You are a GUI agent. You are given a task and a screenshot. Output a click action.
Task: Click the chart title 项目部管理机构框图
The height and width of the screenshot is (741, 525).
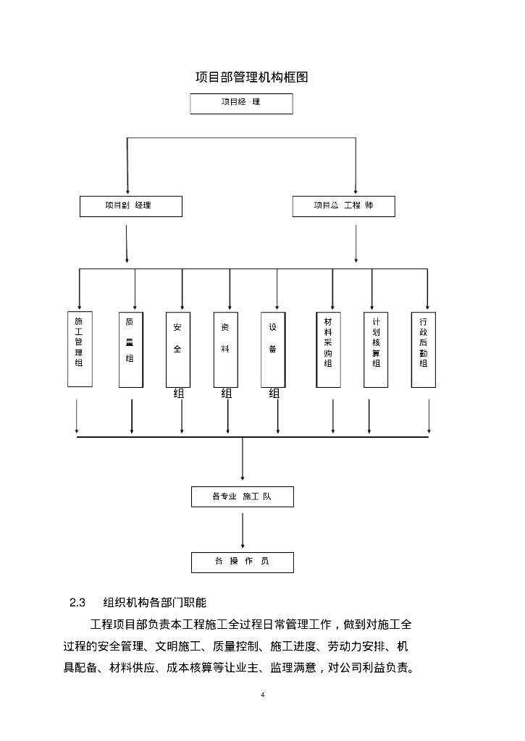[252, 77]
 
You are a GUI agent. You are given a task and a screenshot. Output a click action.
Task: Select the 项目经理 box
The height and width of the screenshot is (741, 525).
[241, 103]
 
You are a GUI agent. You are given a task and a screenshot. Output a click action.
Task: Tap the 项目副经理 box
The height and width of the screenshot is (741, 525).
[130, 206]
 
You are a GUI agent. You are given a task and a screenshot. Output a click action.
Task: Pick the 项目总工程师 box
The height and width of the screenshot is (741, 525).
[343, 206]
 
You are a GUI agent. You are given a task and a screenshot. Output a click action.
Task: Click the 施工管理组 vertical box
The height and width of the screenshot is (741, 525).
[79, 349]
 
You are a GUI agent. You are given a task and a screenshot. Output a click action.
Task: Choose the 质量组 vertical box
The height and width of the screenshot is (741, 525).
[130, 349]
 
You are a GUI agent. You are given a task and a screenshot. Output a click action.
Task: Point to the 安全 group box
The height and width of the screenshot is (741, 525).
[178, 349]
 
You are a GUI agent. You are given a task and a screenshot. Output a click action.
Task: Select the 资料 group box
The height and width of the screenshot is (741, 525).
[226, 349]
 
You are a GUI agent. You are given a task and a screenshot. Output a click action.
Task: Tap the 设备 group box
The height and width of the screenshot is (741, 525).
[273, 349]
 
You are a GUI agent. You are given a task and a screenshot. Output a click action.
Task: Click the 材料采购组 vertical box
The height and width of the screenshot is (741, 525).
[328, 349]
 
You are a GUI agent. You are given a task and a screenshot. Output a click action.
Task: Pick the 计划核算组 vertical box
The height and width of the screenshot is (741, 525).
[376, 349]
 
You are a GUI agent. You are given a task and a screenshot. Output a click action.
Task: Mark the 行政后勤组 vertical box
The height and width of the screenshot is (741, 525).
[423, 349]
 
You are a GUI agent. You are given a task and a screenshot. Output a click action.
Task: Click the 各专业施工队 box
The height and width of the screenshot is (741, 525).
[242, 497]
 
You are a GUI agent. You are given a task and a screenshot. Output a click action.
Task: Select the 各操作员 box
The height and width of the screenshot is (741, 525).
[242, 562]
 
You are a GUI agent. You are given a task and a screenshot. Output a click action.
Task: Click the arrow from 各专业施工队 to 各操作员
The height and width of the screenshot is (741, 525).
[242, 530]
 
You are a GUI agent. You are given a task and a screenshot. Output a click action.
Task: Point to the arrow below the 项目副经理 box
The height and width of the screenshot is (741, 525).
[127, 243]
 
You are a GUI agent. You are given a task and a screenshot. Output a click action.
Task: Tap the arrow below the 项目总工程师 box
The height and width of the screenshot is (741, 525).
[356, 243]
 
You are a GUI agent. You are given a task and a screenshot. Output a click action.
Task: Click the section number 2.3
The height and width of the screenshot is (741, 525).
[77, 602]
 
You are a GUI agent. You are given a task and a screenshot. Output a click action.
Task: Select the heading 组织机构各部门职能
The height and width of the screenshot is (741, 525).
[155, 602]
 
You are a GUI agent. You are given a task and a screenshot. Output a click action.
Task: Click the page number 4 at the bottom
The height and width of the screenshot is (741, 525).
[262, 695]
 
